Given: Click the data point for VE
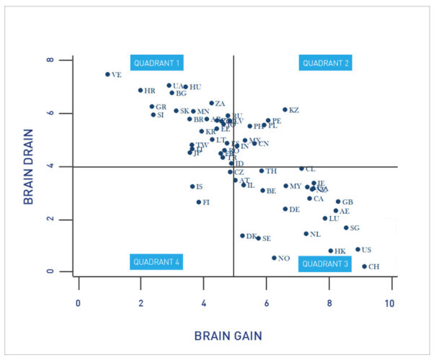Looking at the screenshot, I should pos(107,74).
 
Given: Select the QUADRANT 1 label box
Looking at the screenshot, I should pos(157,63).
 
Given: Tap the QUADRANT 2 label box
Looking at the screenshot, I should pos(326,63).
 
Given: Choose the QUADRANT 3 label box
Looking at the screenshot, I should pos(326,264).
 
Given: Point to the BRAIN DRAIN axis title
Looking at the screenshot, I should pos(30,166).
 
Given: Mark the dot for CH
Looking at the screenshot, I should pos(365,266).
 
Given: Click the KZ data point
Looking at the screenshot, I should pos(285,110).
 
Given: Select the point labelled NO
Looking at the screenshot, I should pos(274,258).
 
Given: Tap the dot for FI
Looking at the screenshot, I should pos(199,202).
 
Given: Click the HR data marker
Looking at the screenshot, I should pos(141,91).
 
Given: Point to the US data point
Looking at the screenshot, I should pos(357,250).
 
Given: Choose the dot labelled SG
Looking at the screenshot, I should pos(346,228).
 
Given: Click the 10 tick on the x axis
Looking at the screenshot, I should pos(391,303).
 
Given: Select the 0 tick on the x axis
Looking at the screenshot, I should pos(78,303).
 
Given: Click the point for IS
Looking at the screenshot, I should pos(192,186).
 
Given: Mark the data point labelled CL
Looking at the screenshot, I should pos(301,168).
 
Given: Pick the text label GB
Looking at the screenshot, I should pos(347,202).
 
